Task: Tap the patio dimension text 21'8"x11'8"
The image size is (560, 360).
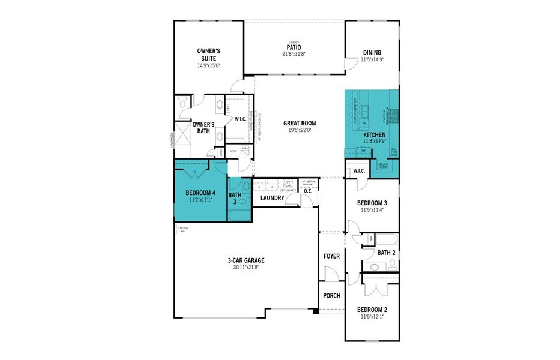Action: pyautogui.click(x=294, y=54)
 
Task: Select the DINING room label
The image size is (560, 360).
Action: pyautogui.click(x=372, y=52)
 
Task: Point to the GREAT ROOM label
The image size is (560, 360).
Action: pyautogui.click(x=300, y=123)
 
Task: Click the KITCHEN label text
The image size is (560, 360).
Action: pyautogui.click(x=375, y=135)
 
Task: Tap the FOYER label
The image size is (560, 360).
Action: pyautogui.click(x=331, y=256)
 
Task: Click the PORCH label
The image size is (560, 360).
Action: pyautogui.click(x=331, y=296)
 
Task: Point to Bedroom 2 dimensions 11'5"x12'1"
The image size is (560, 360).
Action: pyautogui.click(x=372, y=317)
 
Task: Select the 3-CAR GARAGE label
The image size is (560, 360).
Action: pyautogui.click(x=246, y=260)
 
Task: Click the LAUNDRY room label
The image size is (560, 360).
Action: pyautogui.click(x=272, y=198)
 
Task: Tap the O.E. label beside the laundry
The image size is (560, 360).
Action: pyautogui.click(x=308, y=191)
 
